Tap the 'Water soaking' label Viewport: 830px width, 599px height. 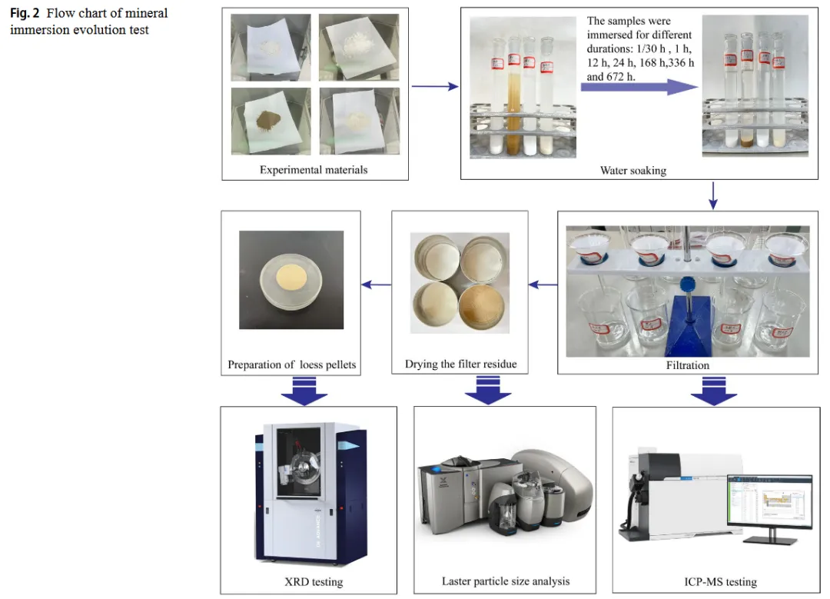[x=633, y=170]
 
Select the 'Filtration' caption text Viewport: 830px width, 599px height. [x=688, y=365]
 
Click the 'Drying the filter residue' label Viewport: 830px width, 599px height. [x=459, y=364]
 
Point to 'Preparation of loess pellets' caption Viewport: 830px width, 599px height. [x=292, y=364]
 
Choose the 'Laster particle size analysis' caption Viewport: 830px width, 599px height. [x=506, y=581]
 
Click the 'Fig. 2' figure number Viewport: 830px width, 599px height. [x=25, y=13]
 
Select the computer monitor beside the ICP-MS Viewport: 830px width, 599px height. [x=769, y=504]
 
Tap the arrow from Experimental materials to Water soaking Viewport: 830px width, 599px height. [x=435, y=86]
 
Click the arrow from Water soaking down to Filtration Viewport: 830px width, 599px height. [x=712, y=195]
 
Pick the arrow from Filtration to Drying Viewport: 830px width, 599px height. [x=543, y=285]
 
